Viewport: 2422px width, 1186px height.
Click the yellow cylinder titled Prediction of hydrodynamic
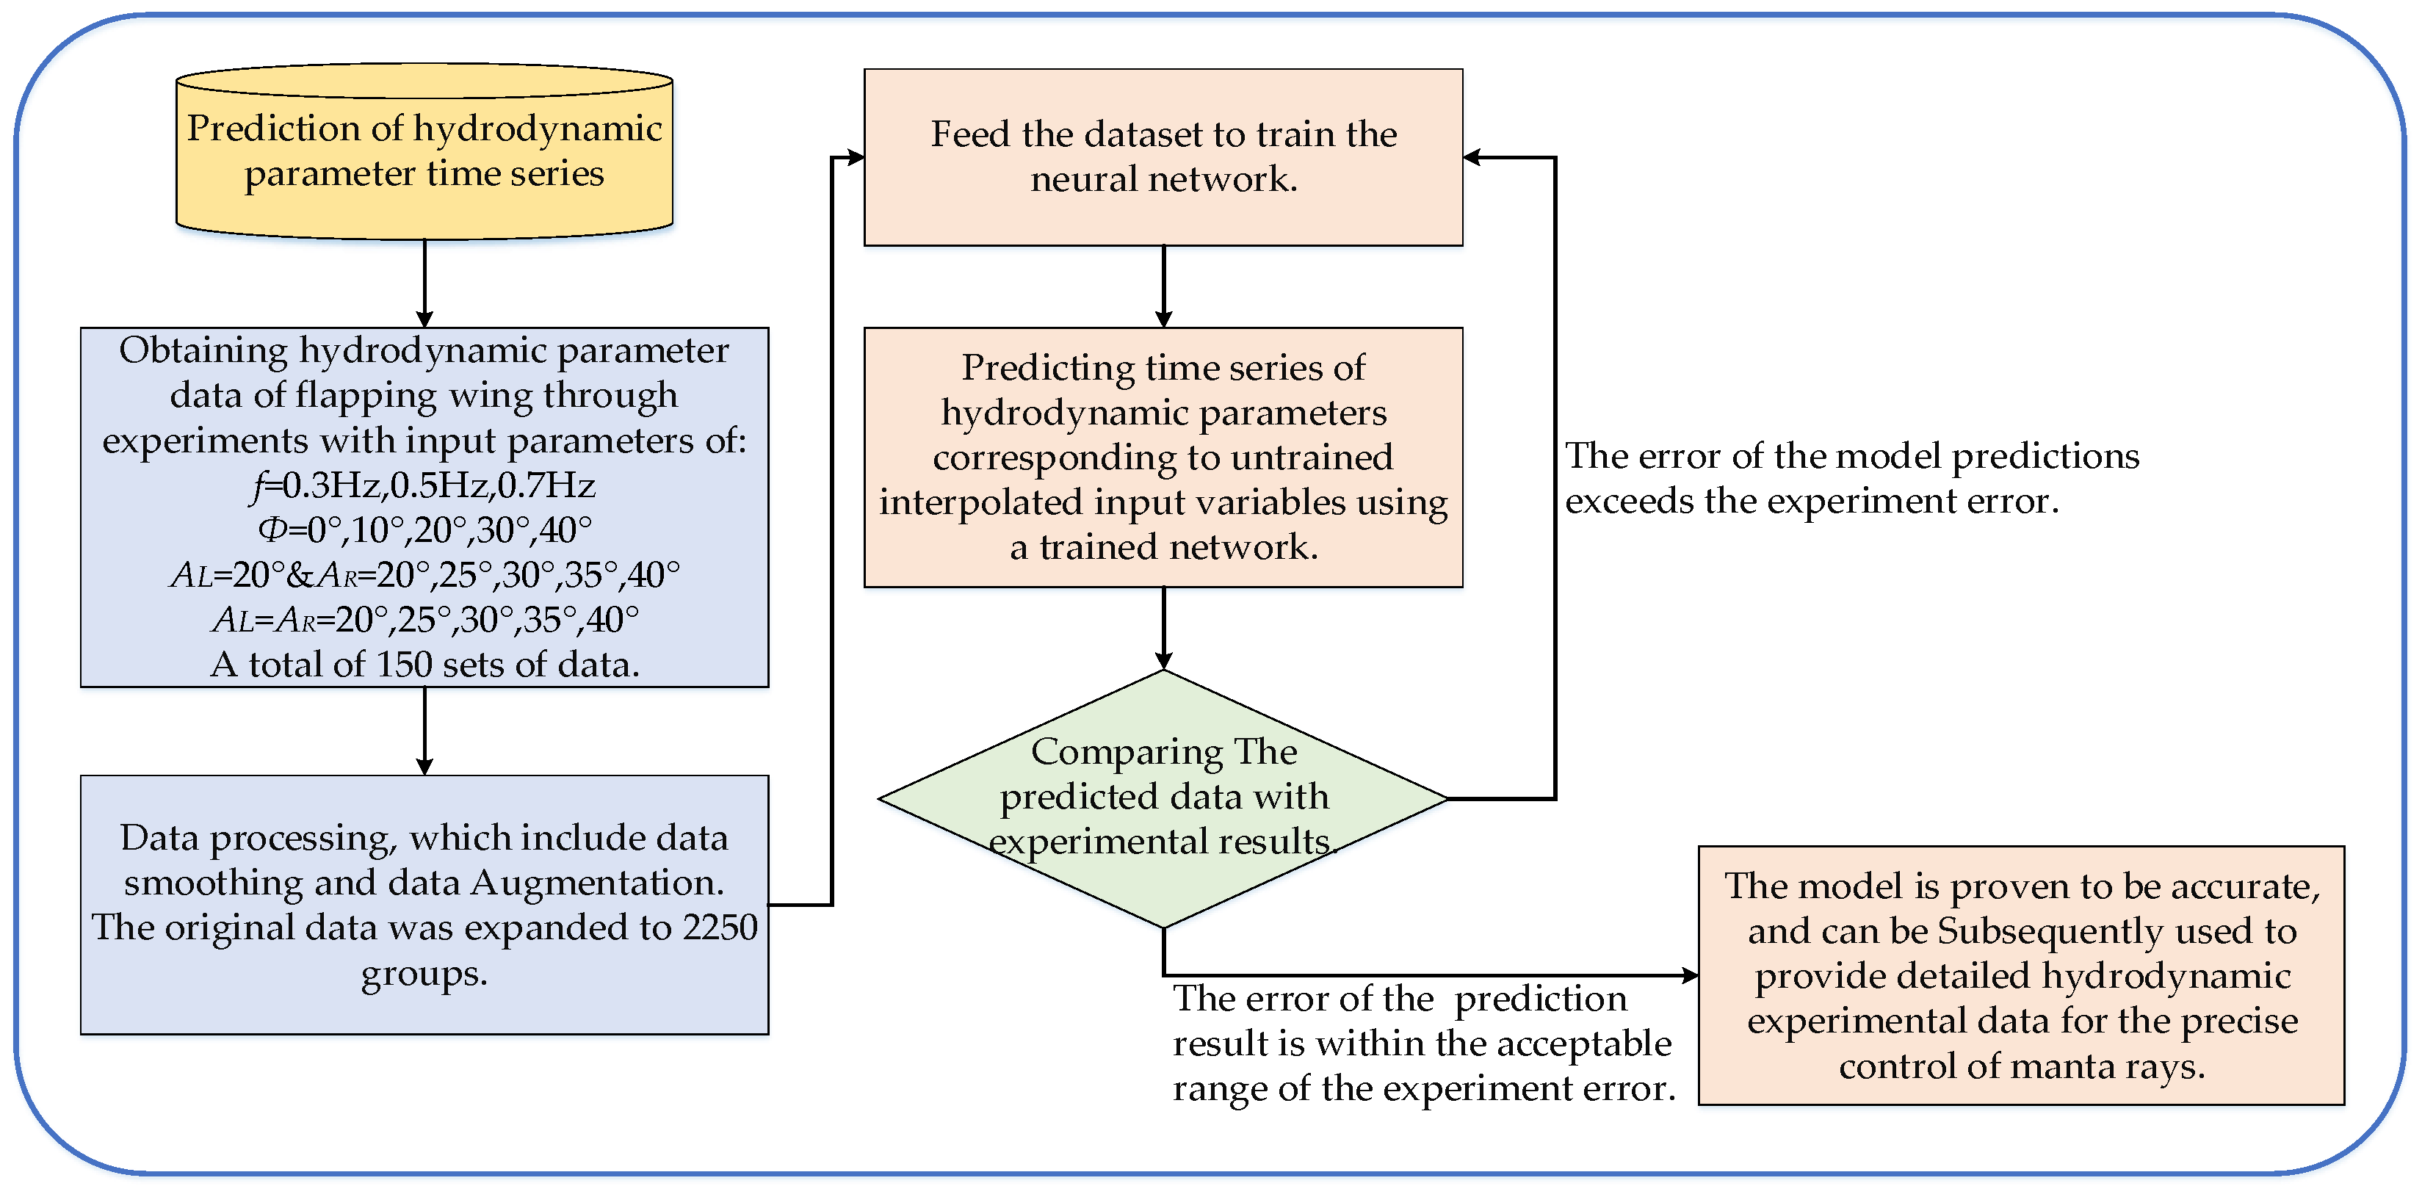tap(424, 151)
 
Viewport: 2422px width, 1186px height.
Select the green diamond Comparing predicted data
tap(1163, 798)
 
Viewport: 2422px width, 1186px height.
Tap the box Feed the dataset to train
tap(1163, 156)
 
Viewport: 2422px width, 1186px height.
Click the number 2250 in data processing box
tap(720, 928)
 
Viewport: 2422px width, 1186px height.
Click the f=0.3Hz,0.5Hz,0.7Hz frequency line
tap(424, 485)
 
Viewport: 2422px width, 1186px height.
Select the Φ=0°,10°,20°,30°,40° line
tap(425, 530)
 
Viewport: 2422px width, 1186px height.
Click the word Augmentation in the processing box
tap(596, 882)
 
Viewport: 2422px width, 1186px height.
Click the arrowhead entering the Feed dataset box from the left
tap(856, 157)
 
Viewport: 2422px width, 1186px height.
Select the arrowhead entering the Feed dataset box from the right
tap(1473, 157)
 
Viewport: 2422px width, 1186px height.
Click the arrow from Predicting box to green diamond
tap(1163, 629)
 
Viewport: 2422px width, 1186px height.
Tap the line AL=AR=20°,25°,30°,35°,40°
tap(425, 620)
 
